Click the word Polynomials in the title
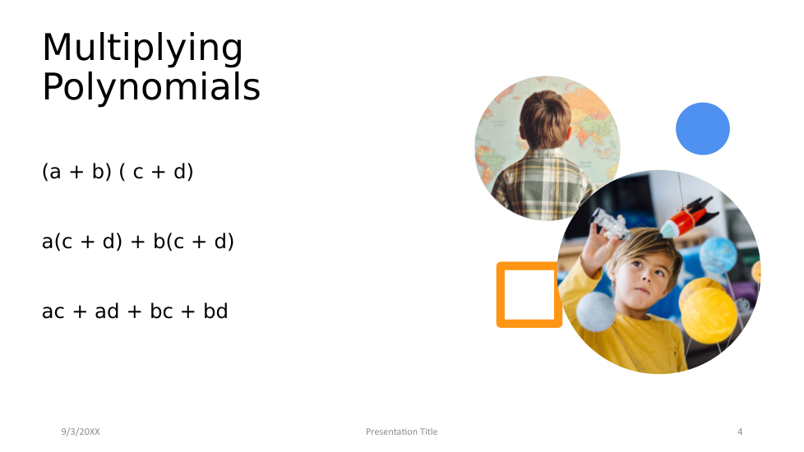(151, 87)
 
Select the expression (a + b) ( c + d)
(118, 172)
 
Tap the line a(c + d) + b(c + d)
(138, 242)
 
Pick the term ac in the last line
(53, 311)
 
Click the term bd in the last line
(215, 311)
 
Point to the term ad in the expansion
(107, 311)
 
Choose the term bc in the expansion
(161, 311)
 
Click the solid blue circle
(703, 129)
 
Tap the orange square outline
(501, 295)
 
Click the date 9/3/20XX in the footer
(81, 431)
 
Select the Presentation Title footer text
(401, 431)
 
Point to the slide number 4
(740, 431)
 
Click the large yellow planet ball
(708, 314)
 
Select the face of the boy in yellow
(646, 274)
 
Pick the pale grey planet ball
(595, 311)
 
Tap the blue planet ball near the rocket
(718, 255)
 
